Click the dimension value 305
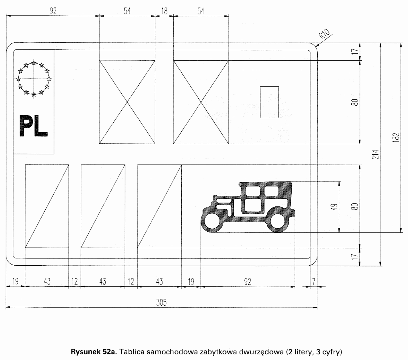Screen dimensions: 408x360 pos(161,302)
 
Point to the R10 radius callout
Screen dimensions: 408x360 pos(325,34)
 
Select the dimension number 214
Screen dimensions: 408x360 pos(376,154)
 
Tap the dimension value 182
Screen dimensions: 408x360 pos(396,137)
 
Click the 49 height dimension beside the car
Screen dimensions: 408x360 pos(335,207)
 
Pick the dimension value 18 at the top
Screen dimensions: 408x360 pos(164,11)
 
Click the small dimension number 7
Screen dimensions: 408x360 pos(314,281)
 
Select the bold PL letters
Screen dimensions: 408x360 pos(33,126)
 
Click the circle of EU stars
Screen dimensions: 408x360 pos(34,78)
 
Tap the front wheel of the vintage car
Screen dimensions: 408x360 pos(211,221)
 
